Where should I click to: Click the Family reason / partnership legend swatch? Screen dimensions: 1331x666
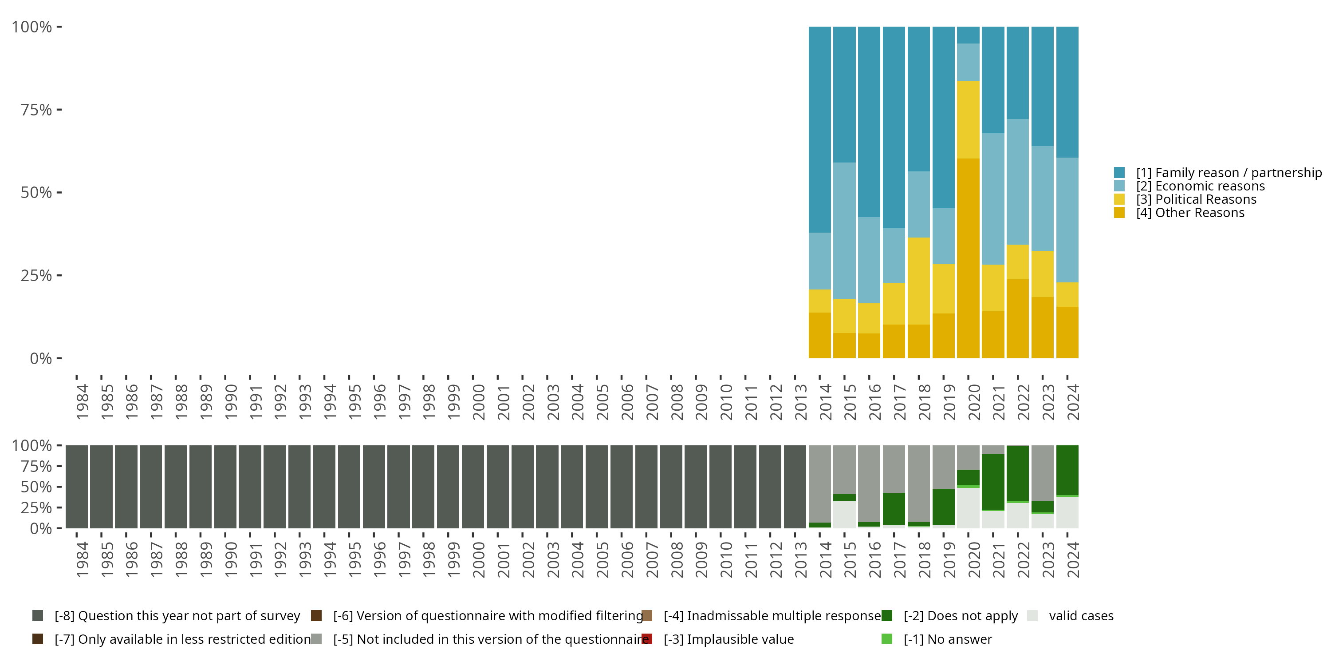[x=1119, y=173]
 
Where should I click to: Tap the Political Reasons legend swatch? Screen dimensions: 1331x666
[x=1119, y=199]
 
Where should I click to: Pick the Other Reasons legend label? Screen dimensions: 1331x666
[x=1190, y=213]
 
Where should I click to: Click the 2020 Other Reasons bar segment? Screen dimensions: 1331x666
[x=968, y=258]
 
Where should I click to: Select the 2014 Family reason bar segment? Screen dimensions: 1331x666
[x=820, y=130]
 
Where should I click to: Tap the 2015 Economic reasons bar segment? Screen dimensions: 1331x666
[x=844, y=231]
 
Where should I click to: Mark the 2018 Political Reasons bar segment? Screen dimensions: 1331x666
[x=919, y=281]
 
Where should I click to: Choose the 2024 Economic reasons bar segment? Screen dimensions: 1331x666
[x=1067, y=220]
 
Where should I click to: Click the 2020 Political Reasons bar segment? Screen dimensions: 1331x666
[x=968, y=120]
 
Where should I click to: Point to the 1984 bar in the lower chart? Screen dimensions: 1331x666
[x=76, y=487]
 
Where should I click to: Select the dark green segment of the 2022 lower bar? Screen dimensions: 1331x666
[x=1018, y=474]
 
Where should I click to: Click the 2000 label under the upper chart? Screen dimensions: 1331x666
[x=478, y=402]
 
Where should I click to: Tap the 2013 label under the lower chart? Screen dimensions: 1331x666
[x=801, y=560]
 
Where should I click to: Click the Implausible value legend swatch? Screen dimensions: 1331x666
[x=647, y=639]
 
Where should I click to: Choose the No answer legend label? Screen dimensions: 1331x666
[x=948, y=640]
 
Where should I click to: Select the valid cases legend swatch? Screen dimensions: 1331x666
[x=1032, y=616]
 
